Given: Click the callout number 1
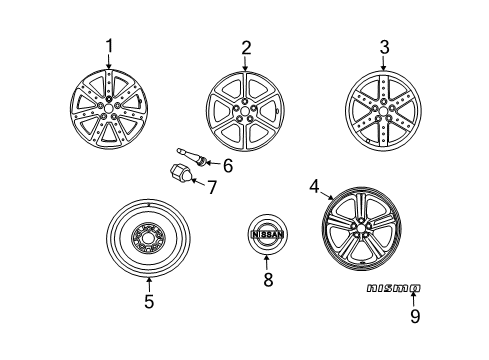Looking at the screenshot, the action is [x=109, y=46].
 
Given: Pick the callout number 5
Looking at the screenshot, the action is [x=148, y=300].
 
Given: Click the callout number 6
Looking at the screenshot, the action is [x=228, y=165].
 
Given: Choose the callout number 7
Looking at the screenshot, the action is [x=211, y=187].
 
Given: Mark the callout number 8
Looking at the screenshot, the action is [x=268, y=281].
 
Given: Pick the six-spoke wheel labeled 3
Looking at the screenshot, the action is [x=381, y=109].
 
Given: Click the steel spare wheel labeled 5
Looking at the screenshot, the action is [x=148, y=241].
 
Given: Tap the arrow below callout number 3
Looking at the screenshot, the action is [x=381, y=64].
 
